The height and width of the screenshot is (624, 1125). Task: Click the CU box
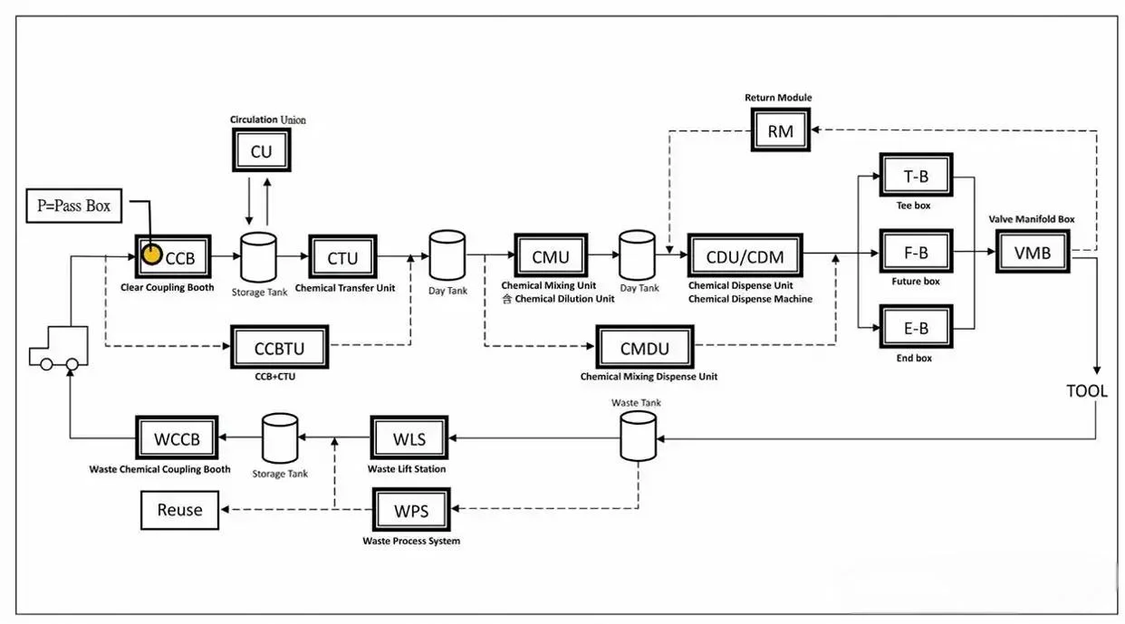tap(261, 150)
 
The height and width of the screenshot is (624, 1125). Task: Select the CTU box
tap(342, 257)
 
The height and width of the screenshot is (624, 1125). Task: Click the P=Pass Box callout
tap(75, 206)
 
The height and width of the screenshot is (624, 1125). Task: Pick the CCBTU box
tap(279, 348)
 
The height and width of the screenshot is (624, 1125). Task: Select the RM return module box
tap(780, 131)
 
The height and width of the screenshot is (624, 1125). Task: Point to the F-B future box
tap(917, 253)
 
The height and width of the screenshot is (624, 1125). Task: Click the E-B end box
tap(917, 328)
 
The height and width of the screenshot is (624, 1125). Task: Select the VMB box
tap(1032, 253)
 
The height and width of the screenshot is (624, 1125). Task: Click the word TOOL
tap(1086, 391)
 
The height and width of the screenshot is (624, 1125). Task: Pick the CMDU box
tap(644, 348)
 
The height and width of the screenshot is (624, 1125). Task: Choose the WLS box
tap(409, 440)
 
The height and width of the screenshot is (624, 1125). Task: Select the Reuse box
tap(180, 510)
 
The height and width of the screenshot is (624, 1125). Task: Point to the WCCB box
tap(174, 440)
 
